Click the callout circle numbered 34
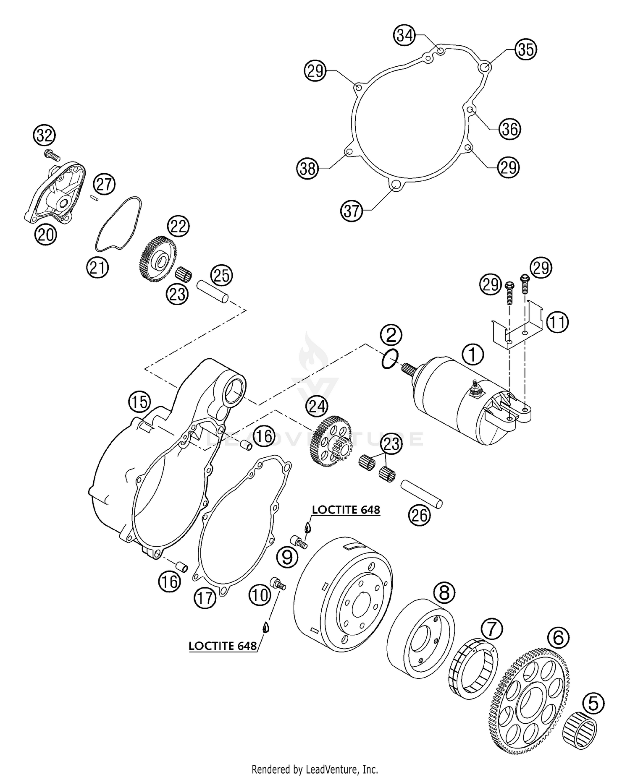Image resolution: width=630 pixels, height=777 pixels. [405, 36]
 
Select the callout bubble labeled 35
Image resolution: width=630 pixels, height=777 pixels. [526, 50]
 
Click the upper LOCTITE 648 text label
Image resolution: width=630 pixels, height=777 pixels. [346, 510]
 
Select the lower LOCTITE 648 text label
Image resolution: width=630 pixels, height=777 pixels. [223, 646]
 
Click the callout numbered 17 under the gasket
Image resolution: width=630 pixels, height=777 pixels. [205, 598]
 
